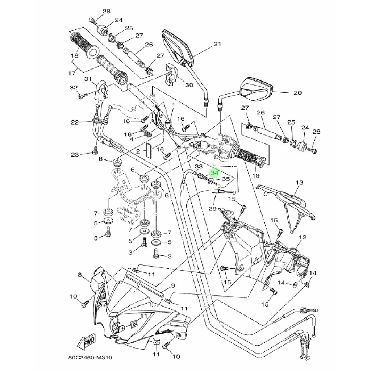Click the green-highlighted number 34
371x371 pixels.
click(x=214, y=173)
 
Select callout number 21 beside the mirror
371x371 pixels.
click(x=217, y=45)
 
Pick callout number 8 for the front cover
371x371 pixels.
click(x=80, y=275)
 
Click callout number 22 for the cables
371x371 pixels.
click(x=75, y=122)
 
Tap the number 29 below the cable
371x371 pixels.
click(x=212, y=209)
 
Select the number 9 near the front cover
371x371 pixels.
click(x=173, y=286)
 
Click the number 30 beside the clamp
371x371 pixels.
click(x=189, y=85)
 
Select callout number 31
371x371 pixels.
click(x=87, y=79)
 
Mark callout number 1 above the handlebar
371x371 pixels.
click(x=173, y=105)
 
